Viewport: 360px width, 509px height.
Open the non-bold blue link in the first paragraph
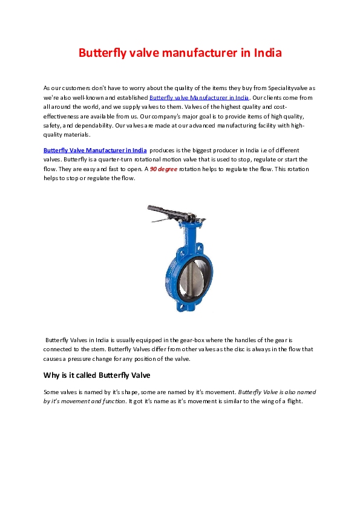[199, 97]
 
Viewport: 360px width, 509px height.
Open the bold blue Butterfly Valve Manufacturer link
[95, 150]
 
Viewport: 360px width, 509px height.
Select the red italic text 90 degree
[163, 169]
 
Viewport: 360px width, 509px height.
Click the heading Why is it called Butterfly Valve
[97, 375]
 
